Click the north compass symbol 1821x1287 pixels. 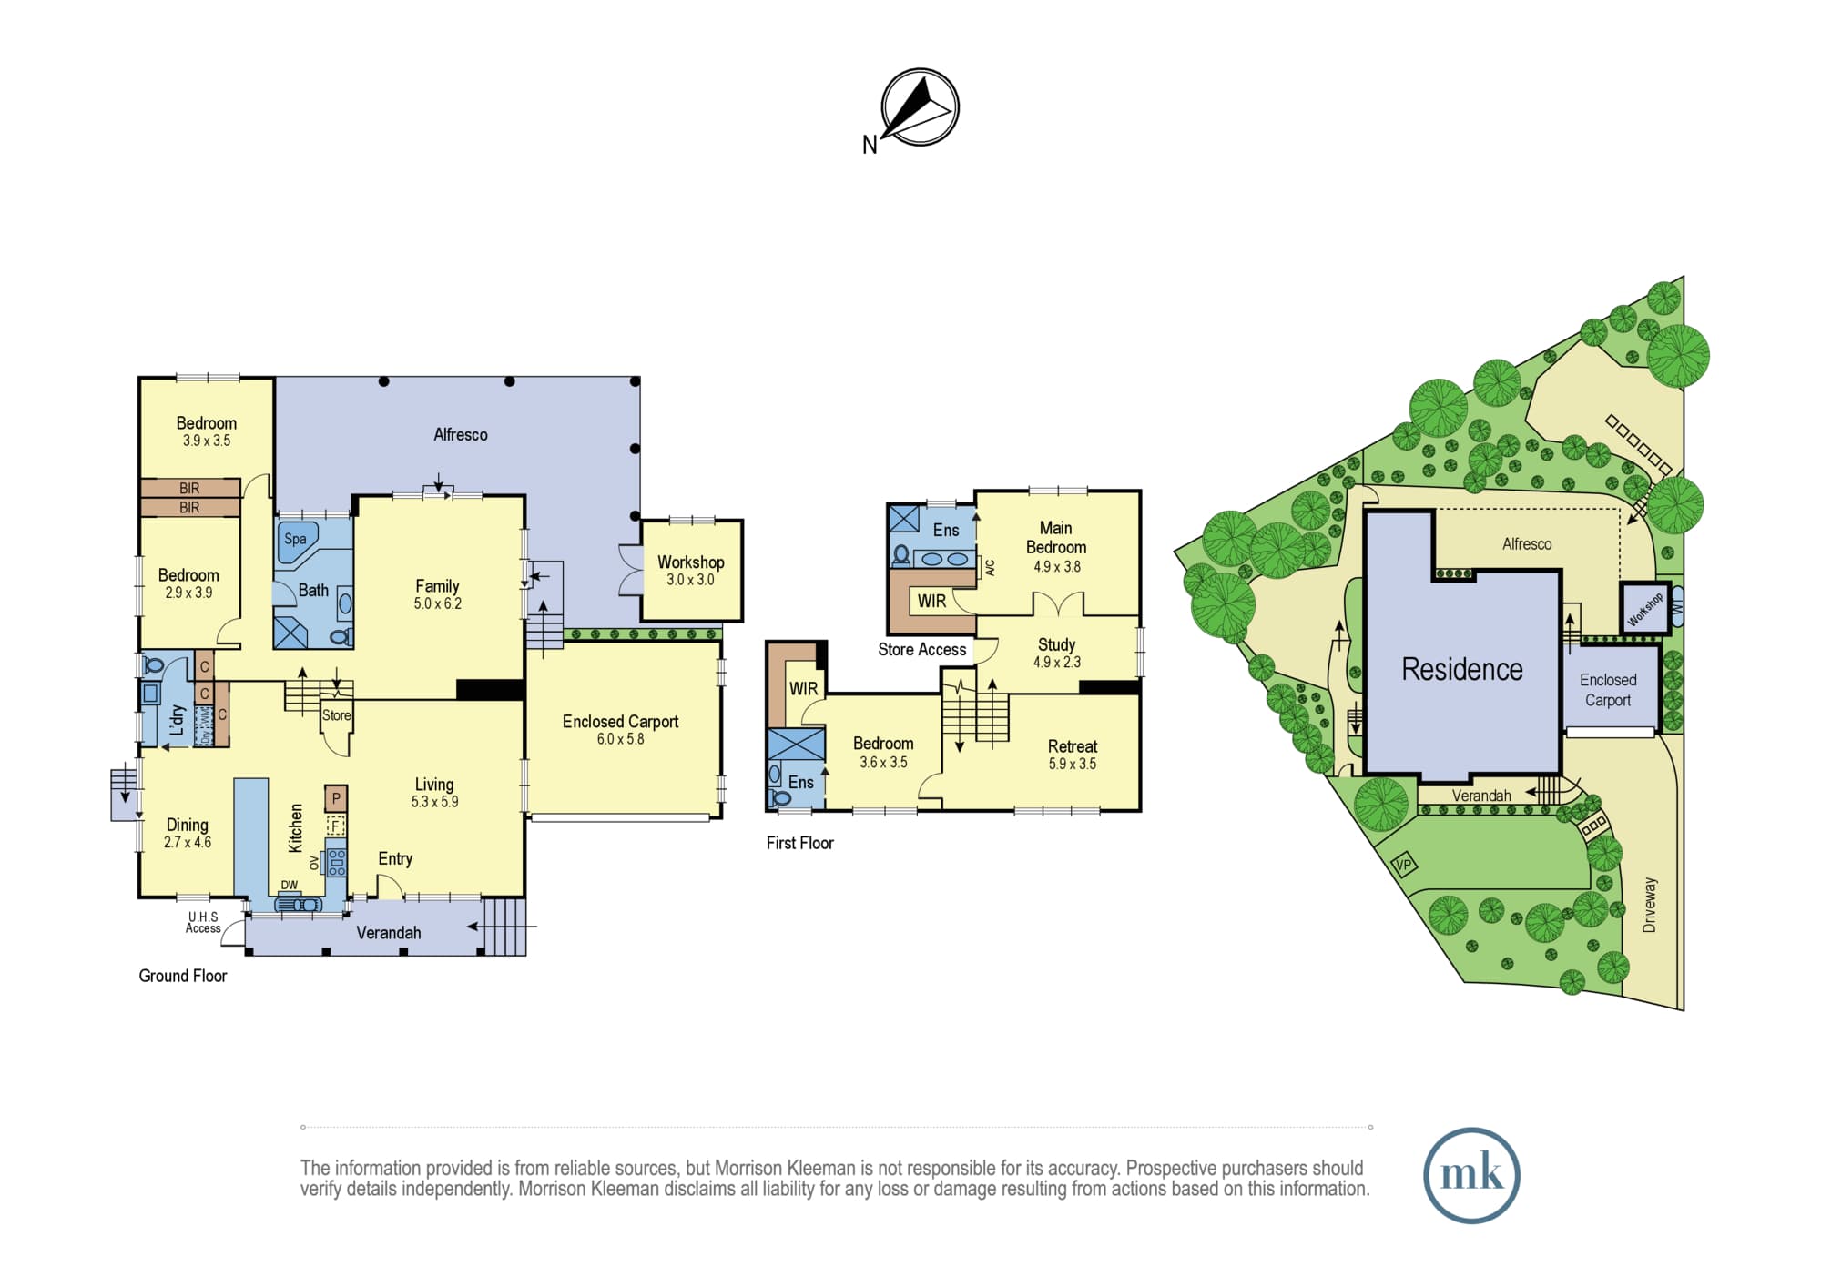(920, 107)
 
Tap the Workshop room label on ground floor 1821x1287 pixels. (691, 562)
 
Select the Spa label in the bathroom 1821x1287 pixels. (295, 539)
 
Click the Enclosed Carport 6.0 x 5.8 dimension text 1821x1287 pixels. (620, 739)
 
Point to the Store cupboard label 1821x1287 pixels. (336, 715)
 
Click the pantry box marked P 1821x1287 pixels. (336, 799)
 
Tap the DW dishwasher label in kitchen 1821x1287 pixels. (289, 885)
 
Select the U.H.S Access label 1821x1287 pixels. (203, 923)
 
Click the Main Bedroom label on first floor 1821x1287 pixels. (1056, 537)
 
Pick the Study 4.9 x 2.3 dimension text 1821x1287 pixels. (1056, 663)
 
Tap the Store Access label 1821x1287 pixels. (921, 650)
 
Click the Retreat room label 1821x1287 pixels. (1073, 746)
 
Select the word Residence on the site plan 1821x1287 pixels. (1461, 669)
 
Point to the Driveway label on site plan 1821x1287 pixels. (1649, 905)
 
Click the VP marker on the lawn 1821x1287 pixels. (1404, 865)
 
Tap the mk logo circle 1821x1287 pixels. (1471, 1175)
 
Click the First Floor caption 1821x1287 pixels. (799, 843)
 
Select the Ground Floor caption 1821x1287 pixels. (182, 976)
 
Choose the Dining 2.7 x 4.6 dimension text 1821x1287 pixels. (187, 843)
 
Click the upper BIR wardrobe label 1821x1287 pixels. (189, 489)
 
